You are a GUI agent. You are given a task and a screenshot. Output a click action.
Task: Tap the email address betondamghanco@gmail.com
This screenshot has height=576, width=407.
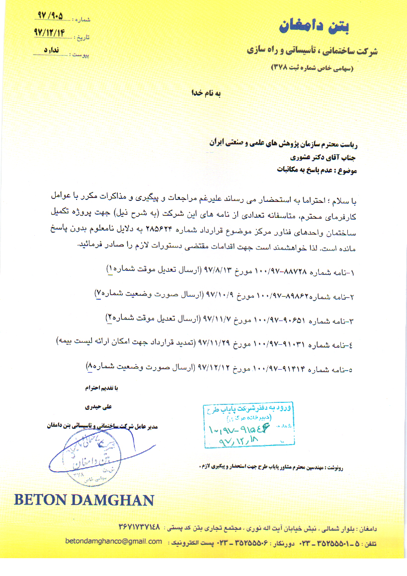coord(114,541)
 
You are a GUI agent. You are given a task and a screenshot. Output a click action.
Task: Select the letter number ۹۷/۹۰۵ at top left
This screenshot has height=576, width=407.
coord(50,17)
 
